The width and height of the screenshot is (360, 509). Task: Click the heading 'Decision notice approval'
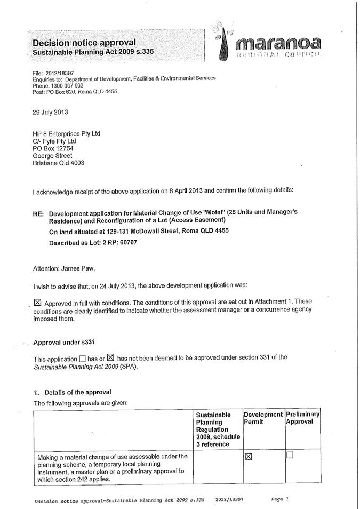pos(84,42)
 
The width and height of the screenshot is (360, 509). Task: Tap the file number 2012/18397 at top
pos(60,72)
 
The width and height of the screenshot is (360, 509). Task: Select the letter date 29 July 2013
pos(50,113)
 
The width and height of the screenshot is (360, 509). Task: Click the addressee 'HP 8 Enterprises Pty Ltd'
pos(67,133)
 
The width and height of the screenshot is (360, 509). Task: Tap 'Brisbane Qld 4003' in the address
pos(58,163)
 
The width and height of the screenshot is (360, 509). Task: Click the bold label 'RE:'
pos(38,212)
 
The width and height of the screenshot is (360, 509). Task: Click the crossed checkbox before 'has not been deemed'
pos(110,357)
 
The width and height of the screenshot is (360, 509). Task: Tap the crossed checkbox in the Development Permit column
pos(249,457)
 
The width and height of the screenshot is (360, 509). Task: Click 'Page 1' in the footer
pos(279,499)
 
